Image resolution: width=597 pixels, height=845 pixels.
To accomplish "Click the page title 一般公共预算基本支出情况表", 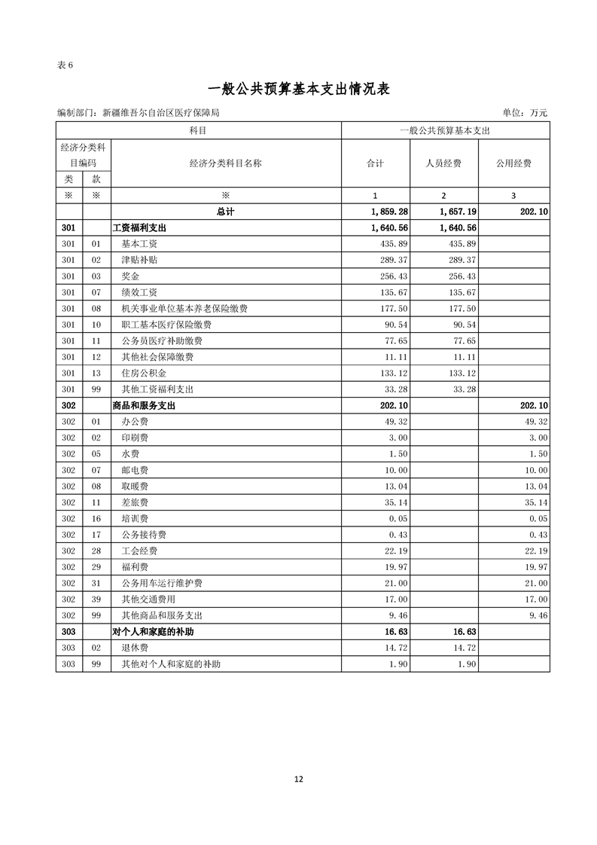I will (x=298, y=89).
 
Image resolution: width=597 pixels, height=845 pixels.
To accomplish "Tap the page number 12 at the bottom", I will (x=298, y=779).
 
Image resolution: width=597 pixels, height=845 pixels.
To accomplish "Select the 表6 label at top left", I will (x=65, y=65).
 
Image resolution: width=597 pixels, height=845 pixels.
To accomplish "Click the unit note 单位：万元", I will (x=524, y=113).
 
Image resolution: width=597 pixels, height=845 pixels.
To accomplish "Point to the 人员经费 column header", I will (x=443, y=163).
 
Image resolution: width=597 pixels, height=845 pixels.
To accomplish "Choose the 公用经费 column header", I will (x=513, y=163).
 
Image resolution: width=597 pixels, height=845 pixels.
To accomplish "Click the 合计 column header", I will (x=375, y=163).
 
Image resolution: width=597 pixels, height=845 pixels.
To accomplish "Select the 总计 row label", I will (x=225, y=212).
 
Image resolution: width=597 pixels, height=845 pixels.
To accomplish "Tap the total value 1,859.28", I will (x=389, y=212).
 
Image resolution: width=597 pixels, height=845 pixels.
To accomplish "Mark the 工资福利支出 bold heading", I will (x=139, y=227).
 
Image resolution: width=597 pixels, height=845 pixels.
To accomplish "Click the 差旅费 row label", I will (x=135, y=502).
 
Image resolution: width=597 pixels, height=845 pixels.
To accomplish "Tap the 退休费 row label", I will (x=135, y=648).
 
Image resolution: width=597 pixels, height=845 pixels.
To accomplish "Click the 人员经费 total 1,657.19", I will (x=458, y=212).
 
